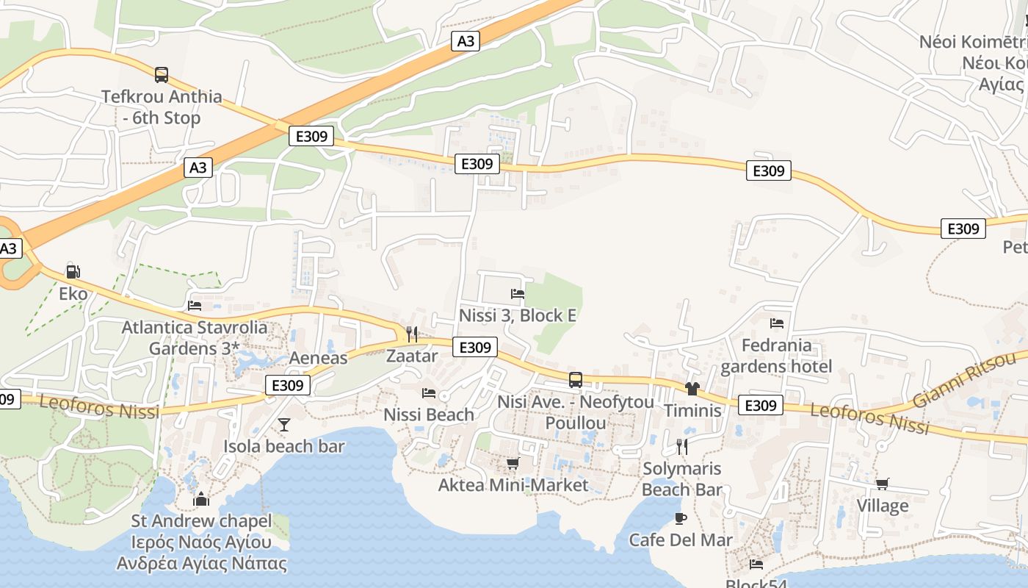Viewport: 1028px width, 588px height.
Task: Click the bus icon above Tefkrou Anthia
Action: pyautogui.click(x=162, y=74)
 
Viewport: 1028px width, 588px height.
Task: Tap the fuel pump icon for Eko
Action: pyautogui.click(x=73, y=271)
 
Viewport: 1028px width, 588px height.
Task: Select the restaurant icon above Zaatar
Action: pyautogui.click(x=412, y=334)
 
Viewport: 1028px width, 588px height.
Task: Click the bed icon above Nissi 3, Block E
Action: pyautogui.click(x=518, y=293)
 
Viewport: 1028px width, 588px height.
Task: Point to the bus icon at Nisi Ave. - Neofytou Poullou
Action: pyautogui.click(x=576, y=380)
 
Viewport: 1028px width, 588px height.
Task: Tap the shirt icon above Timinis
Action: pyautogui.click(x=692, y=388)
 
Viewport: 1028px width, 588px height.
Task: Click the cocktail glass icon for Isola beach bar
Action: pyautogui.click(x=284, y=424)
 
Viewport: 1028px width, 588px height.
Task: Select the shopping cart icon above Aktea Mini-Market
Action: pyautogui.click(x=513, y=463)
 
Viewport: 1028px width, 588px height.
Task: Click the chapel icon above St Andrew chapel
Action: pyautogui.click(x=201, y=499)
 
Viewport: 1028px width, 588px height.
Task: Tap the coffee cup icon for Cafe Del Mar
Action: pyautogui.click(x=681, y=518)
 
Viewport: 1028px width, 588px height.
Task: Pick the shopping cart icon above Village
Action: pyautogui.click(x=883, y=484)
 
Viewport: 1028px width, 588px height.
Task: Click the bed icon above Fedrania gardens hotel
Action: pyautogui.click(x=777, y=323)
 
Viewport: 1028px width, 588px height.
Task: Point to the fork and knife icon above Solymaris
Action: pyautogui.click(x=682, y=446)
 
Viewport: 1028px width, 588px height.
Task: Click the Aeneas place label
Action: pyautogui.click(x=319, y=358)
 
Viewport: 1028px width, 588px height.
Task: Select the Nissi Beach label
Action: pyautogui.click(x=429, y=415)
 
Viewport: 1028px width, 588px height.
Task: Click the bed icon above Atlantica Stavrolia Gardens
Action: pyautogui.click(x=195, y=305)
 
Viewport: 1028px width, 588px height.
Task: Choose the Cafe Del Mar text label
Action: pyautogui.click(x=681, y=540)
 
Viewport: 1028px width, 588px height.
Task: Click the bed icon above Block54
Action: pyautogui.click(x=756, y=564)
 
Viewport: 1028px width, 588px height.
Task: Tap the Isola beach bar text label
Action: pyautogui.click(x=284, y=446)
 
